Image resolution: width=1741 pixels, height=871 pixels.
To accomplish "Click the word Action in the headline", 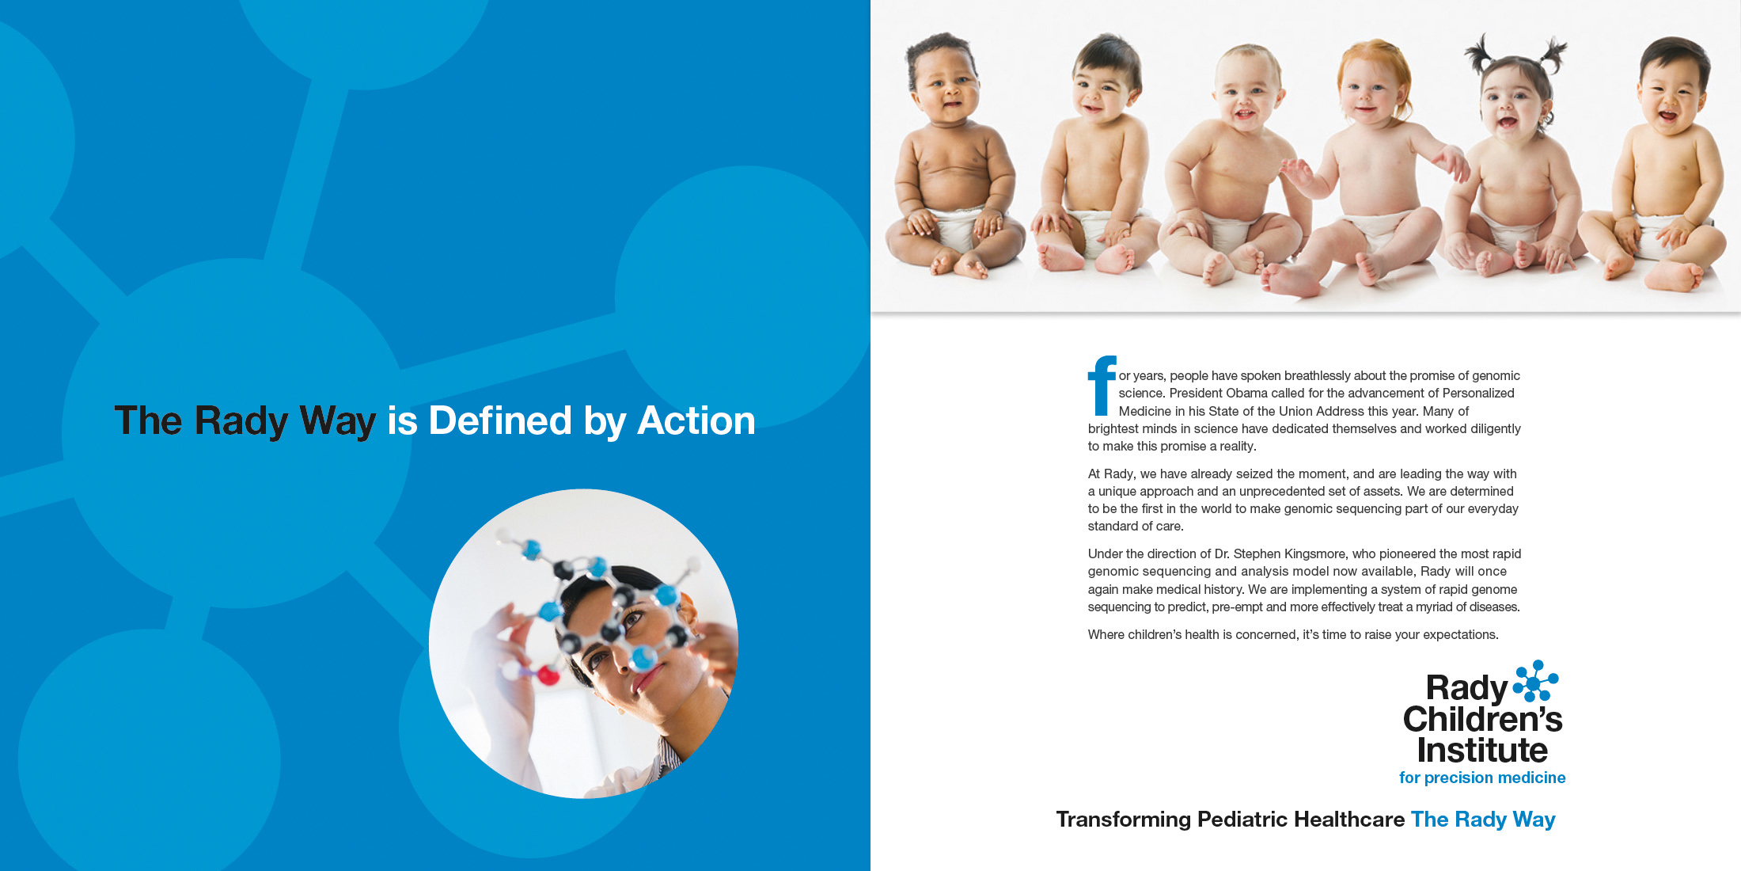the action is [x=696, y=420].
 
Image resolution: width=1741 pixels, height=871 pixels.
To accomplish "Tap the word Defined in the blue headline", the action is [x=500, y=420].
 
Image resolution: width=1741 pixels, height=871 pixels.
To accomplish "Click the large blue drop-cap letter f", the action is [x=1102, y=386].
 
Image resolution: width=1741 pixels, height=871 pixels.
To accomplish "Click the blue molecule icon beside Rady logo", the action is [x=1535, y=681].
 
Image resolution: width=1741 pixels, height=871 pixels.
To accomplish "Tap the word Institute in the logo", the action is [x=1482, y=750].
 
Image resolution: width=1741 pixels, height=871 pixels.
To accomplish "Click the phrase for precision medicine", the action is [x=1482, y=778].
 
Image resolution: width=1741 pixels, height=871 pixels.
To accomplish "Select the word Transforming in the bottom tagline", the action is [x=1124, y=820].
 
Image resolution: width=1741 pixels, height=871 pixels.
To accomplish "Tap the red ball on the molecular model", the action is [x=548, y=675].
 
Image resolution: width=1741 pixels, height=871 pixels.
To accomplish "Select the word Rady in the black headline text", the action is [x=241, y=420].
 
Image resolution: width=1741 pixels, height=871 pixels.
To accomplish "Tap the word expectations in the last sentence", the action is [x=1460, y=635].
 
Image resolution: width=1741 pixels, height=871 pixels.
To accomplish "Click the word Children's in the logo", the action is [x=1482, y=719].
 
